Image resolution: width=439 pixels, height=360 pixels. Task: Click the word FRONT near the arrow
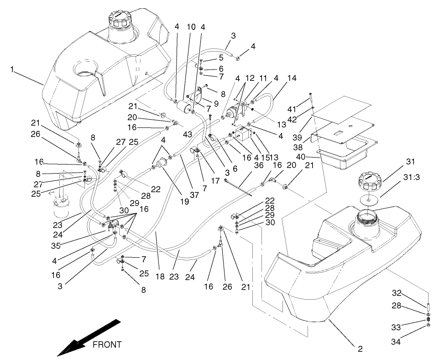pos(107,345)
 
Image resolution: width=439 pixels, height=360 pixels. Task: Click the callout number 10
pos(191,27)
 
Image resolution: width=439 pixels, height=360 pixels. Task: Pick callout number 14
pos(293,78)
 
